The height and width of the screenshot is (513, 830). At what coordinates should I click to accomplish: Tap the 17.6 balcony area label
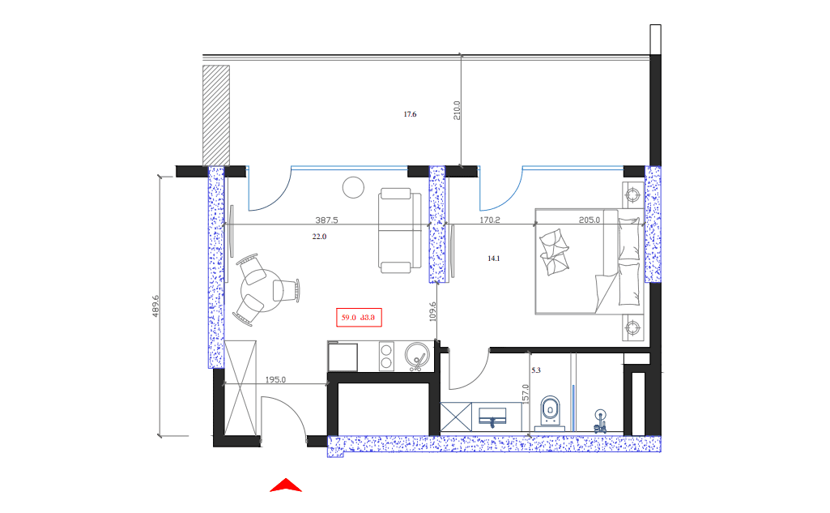point(410,115)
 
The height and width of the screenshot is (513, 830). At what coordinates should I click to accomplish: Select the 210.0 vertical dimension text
point(457,111)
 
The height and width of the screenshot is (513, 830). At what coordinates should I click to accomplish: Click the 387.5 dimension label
point(326,220)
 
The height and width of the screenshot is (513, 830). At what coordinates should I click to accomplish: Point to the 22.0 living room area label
point(319,237)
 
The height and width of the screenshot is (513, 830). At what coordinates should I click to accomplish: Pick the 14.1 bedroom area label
point(494,259)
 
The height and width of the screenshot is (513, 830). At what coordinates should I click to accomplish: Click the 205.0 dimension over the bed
point(590,220)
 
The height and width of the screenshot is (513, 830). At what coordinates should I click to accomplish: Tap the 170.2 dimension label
point(491,220)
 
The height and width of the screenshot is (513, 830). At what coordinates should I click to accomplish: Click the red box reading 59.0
point(359,318)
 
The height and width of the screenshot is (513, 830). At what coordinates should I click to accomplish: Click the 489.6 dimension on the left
point(155,306)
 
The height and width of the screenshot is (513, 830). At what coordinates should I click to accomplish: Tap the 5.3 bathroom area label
point(535,370)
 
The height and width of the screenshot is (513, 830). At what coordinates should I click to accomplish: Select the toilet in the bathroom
point(551,411)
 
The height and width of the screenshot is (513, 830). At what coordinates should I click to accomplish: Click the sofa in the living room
point(399,230)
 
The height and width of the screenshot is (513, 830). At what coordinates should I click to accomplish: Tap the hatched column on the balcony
point(215,114)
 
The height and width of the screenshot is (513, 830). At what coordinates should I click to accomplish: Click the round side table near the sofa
point(354,187)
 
